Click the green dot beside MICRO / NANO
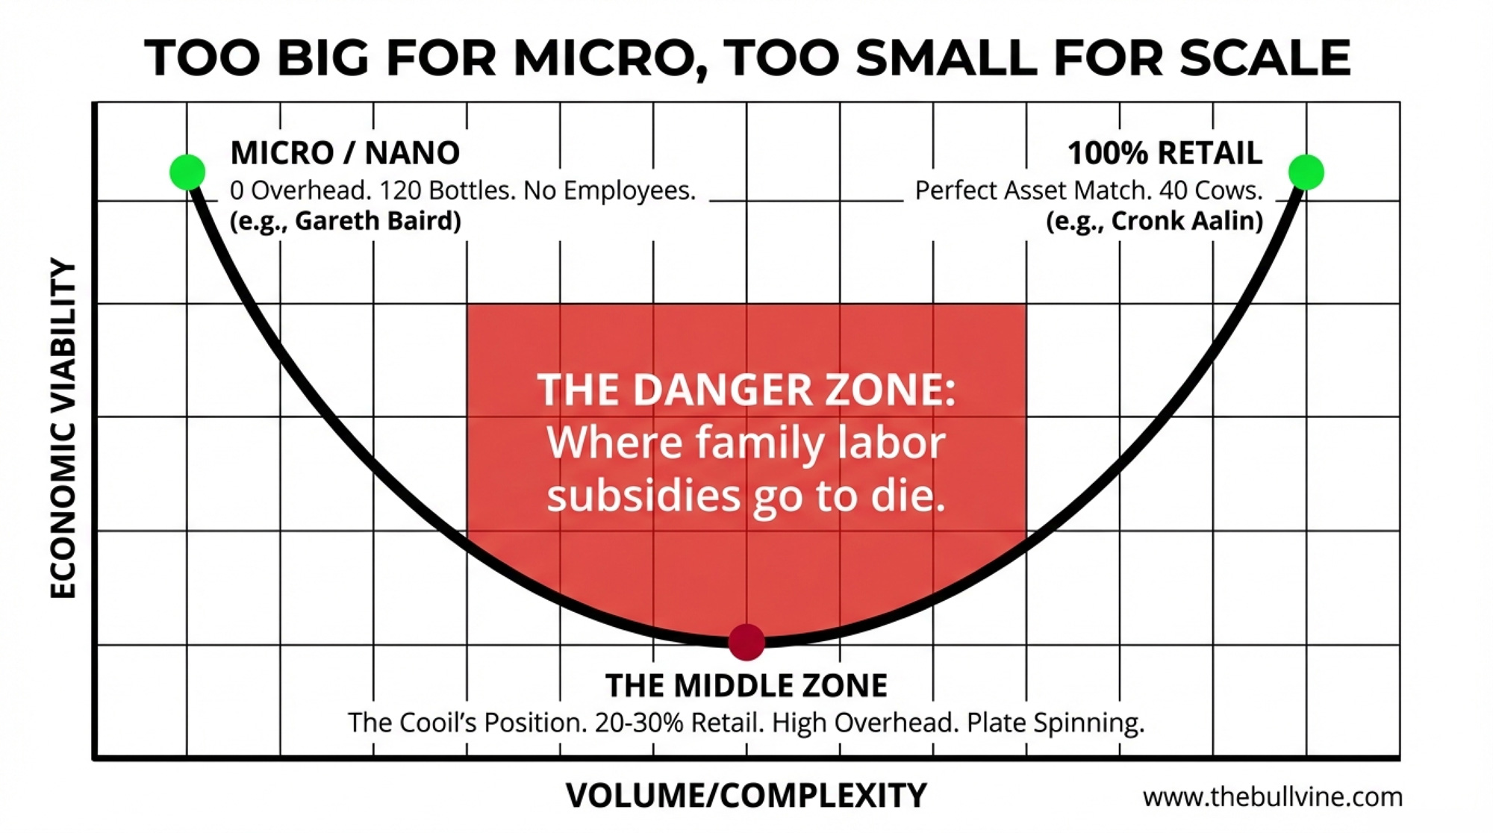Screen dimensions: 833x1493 point(187,172)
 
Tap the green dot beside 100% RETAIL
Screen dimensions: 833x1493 point(1306,172)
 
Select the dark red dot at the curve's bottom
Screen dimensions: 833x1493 point(746,642)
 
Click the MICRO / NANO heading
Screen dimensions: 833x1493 point(345,153)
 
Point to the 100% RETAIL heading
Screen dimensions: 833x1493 point(1165,153)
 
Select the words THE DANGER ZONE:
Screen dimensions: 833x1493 point(746,390)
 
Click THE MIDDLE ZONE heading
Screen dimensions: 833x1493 point(746,685)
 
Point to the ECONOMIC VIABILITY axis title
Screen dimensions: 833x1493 point(63,428)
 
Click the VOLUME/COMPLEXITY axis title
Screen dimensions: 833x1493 point(746,796)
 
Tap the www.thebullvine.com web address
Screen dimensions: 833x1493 point(1272,797)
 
